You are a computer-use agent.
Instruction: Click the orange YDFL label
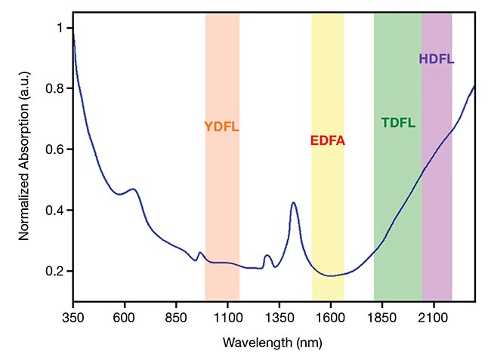click(221, 127)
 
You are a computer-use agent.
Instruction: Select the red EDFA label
click(328, 140)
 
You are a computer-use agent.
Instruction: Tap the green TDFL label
click(398, 122)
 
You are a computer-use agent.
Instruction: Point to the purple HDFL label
click(437, 59)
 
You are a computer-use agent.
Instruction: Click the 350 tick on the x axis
click(73, 318)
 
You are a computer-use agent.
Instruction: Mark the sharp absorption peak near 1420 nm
click(293, 203)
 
